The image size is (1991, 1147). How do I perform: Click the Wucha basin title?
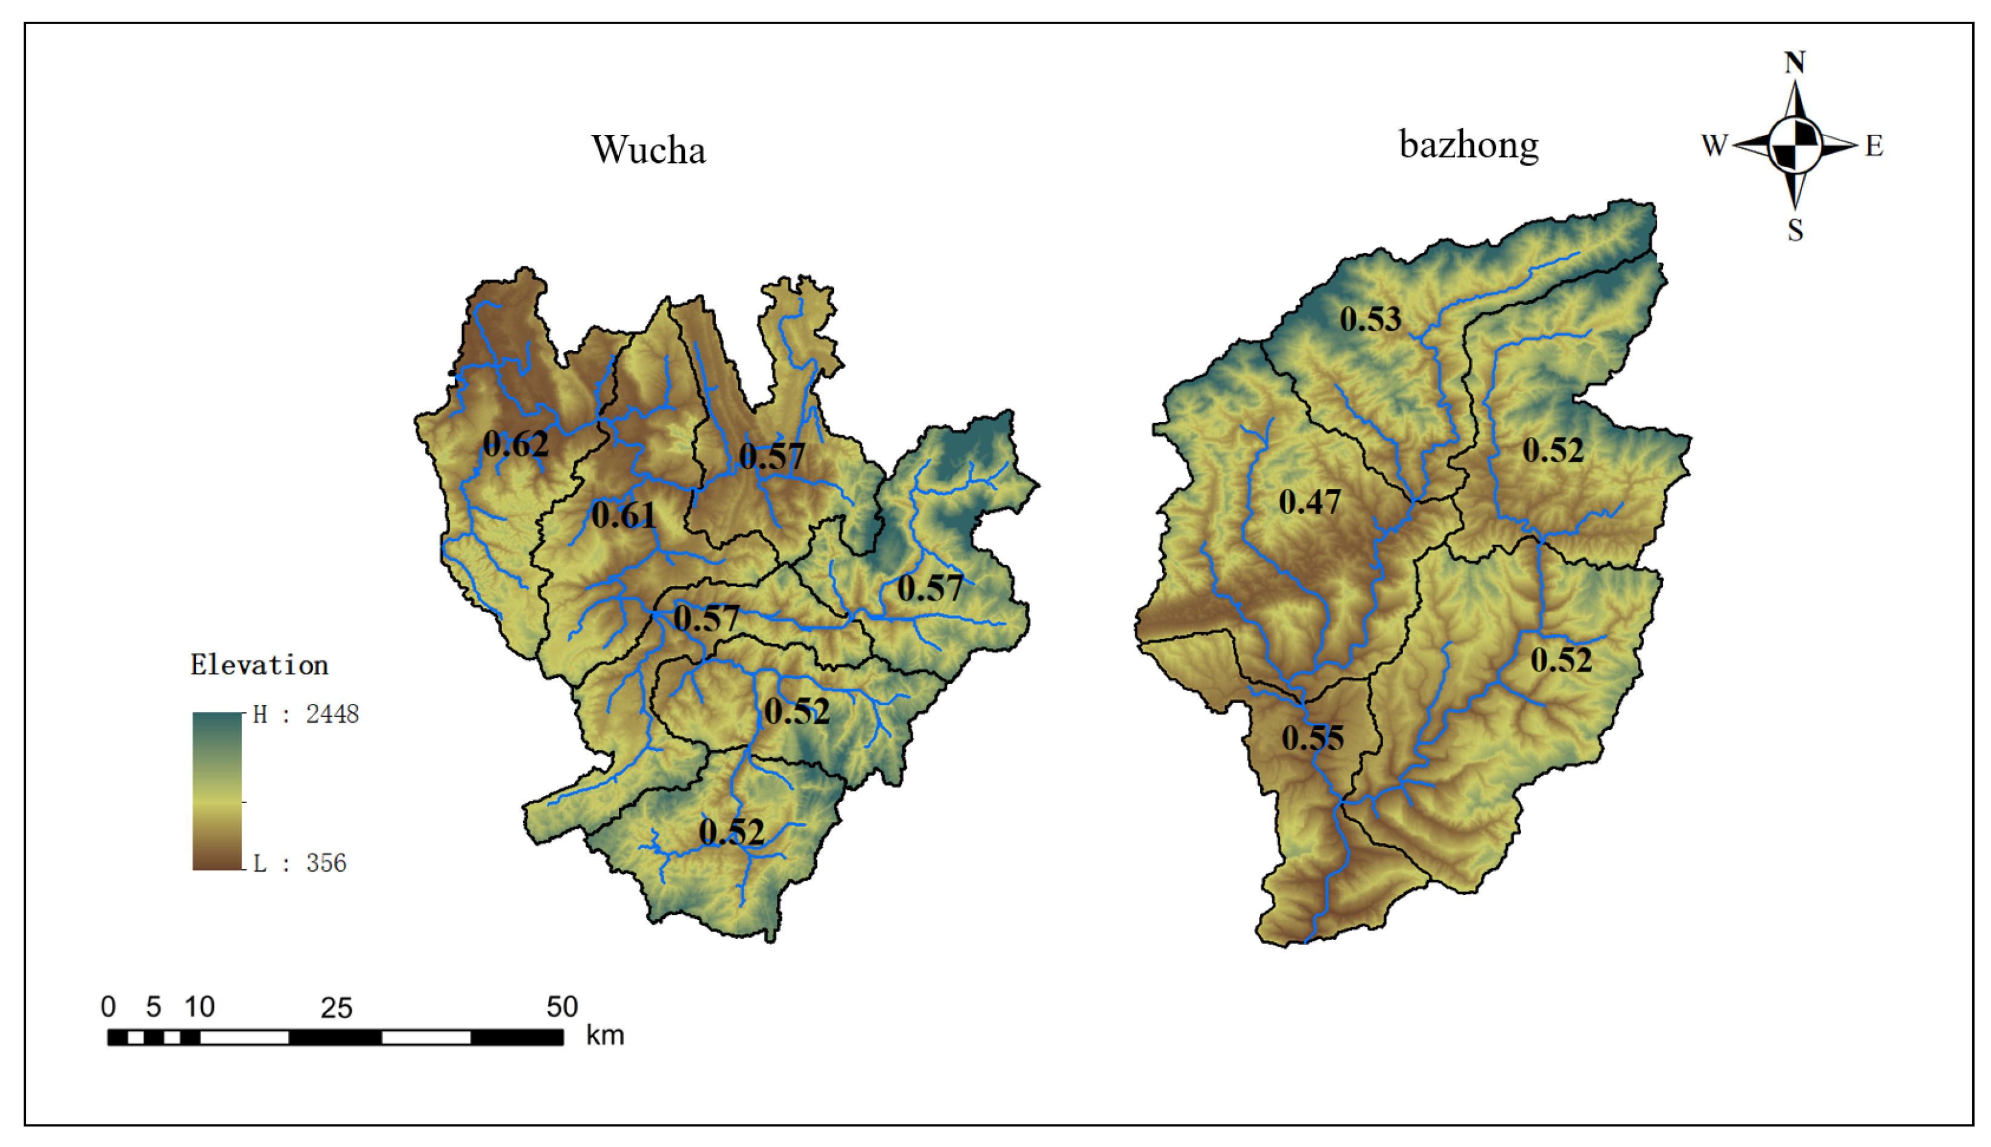[649, 150]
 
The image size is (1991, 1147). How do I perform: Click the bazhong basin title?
[1468, 145]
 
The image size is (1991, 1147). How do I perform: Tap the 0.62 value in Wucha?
[515, 445]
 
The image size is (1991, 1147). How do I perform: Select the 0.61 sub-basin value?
[622, 516]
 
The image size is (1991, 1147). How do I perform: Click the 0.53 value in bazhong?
[1370, 320]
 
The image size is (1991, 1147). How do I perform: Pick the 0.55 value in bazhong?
[1312, 738]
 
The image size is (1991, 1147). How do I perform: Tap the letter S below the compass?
[1795, 230]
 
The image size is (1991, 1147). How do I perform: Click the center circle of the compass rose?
[1795, 145]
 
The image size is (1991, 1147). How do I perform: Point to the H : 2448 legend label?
[306, 714]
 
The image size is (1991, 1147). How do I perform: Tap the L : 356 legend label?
[299, 863]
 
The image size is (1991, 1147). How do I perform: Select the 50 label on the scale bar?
[562, 1007]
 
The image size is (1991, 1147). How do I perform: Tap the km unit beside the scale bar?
[604, 1035]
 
